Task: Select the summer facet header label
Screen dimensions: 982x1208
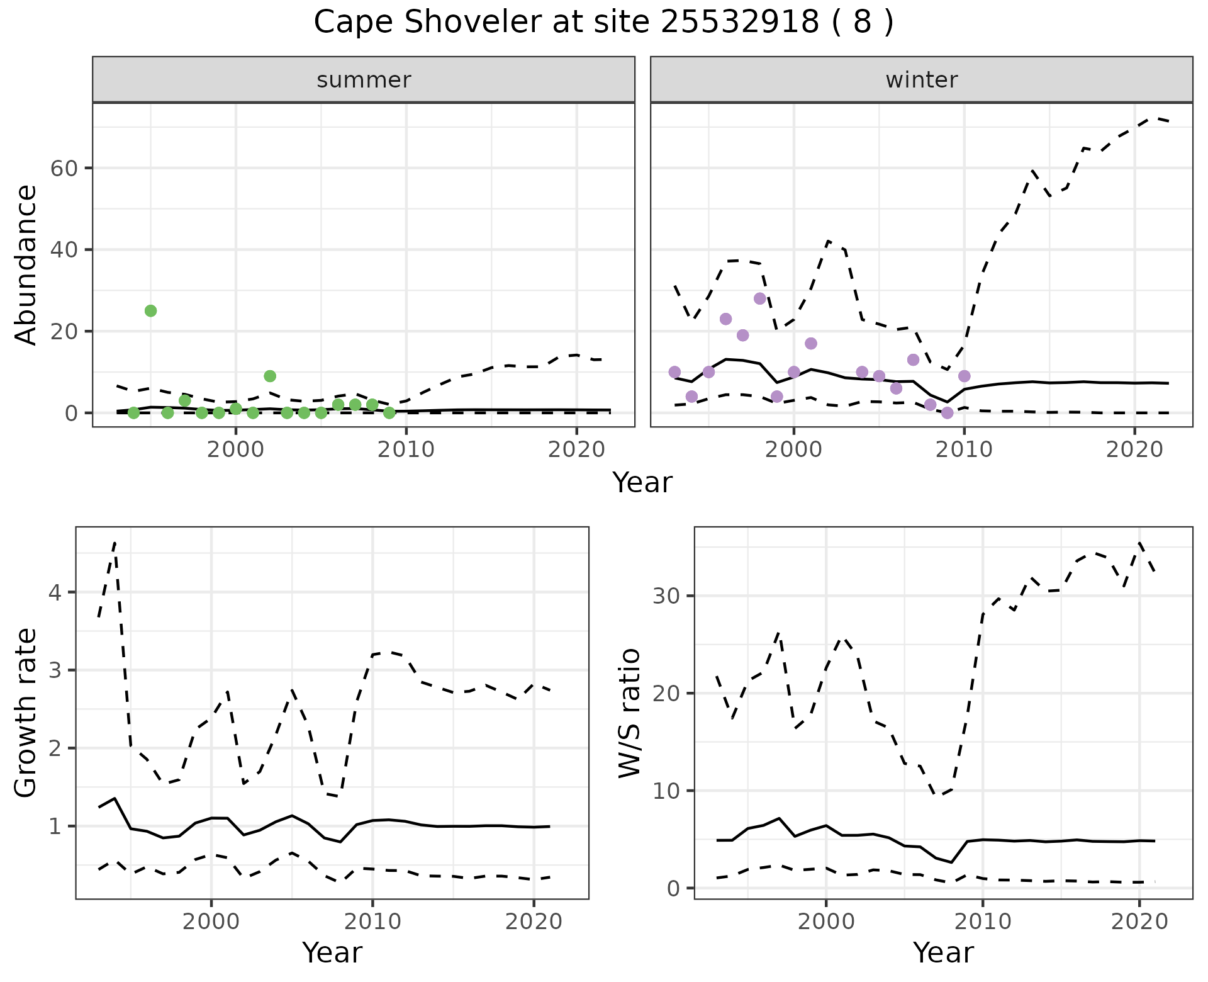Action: point(364,80)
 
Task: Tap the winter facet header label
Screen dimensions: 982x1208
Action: point(921,80)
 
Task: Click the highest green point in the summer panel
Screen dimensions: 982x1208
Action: point(150,311)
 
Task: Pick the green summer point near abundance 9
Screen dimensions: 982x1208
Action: point(270,376)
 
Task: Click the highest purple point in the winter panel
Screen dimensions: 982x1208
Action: point(759,298)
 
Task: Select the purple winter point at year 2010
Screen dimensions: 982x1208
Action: point(964,376)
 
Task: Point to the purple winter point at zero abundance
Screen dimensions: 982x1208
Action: point(947,413)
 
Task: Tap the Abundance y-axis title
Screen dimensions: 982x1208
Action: point(26,264)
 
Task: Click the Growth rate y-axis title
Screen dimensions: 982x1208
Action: point(26,713)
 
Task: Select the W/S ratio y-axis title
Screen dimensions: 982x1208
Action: point(629,713)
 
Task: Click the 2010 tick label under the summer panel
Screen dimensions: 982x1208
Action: point(406,450)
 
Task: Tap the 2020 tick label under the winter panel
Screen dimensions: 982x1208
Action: point(1134,450)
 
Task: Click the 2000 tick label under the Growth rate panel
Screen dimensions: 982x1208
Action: point(211,922)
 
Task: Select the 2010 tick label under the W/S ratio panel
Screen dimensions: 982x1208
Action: point(982,922)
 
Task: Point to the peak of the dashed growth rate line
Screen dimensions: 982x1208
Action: point(115,543)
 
